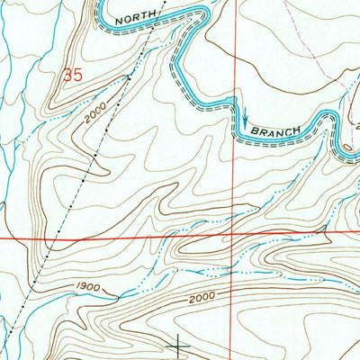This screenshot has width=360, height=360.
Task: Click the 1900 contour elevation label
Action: pyautogui.click(x=87, y=287)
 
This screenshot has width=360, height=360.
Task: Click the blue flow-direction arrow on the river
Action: pyautogui.click(x=243, y=114)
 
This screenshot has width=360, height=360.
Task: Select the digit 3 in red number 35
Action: pyautogui.click(x=67, y=77)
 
